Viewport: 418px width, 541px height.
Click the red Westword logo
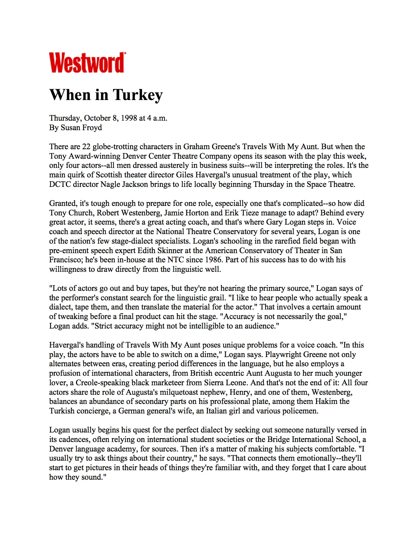(87, 63)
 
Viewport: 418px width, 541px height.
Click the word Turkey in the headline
(138, 95)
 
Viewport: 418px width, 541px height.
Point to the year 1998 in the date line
(129, 118)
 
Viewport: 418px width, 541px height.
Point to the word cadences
(74, 439)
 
